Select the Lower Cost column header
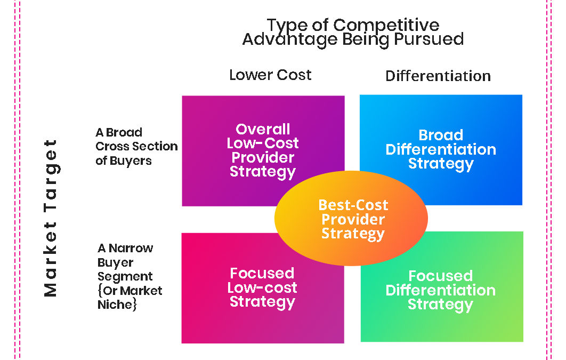click(x=270, y=75)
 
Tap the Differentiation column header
click(x=438, y=76)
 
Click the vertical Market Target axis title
click(x=50, y=218)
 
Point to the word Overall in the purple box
click(x=263, y=130)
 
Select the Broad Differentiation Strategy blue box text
click(x=441, y=149)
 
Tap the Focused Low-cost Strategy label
click(x=262, y=288)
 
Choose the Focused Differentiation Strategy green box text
click(x=440, y=291)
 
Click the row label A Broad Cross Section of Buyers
click(x=136, y=146)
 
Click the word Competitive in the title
click(x=386, y=25)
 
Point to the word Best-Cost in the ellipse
click(x=353, y=205)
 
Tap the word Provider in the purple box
click(x=263, y=158)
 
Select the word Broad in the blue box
click(x=441, y=135)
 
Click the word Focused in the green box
click(x=440, y=276)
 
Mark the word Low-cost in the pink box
click(x=262, y=288)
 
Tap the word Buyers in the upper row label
click(x=131, y=161)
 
